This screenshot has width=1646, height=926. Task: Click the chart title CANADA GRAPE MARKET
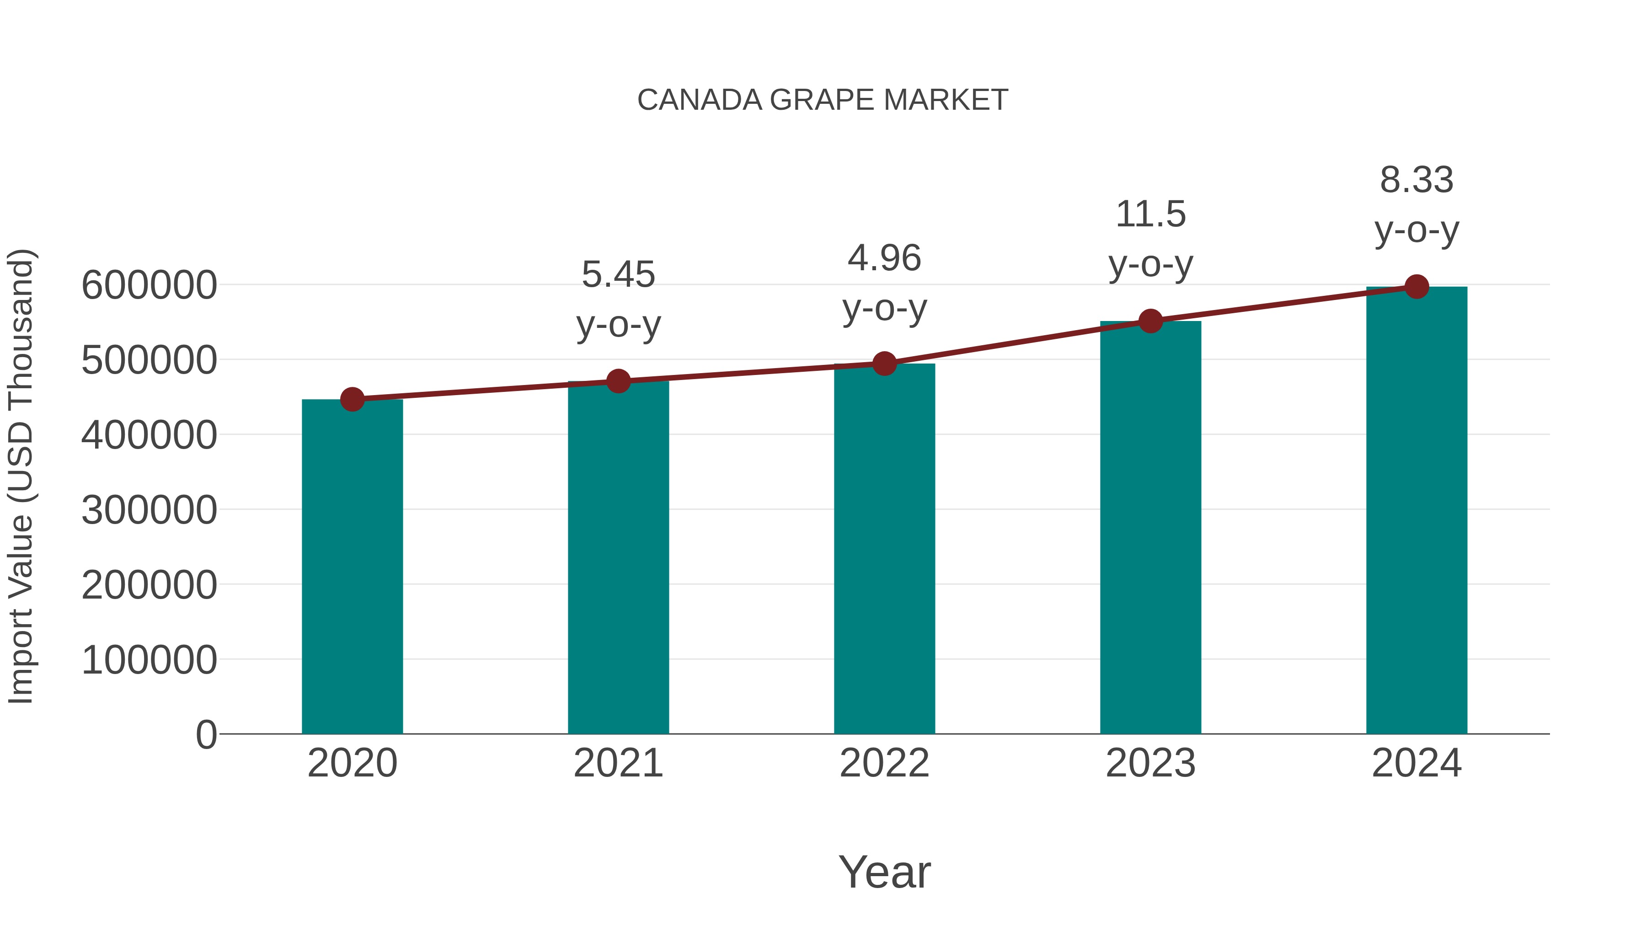point(823,100)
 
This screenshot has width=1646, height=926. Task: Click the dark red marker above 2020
point(352,399)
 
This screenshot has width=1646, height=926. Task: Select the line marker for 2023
point(1150,321)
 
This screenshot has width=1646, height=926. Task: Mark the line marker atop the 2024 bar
point(1416,287)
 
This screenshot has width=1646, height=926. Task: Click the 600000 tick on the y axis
point(149,285)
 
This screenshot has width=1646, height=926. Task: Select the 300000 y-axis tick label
point(149,510)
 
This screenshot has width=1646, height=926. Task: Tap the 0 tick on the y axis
point(206,734)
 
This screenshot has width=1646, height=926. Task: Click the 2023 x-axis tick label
point(1150,763)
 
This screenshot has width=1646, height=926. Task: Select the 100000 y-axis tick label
point(149,659)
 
